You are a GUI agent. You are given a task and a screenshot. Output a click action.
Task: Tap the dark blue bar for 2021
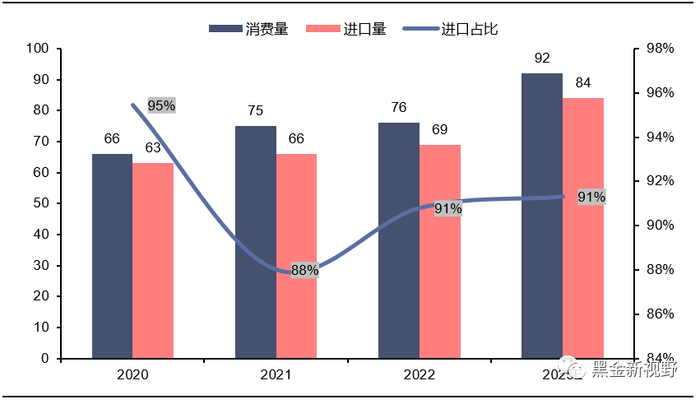coord(255,242)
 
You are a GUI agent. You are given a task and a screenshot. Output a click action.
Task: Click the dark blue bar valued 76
coord(398,240)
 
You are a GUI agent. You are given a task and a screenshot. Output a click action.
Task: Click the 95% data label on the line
coord(161,105)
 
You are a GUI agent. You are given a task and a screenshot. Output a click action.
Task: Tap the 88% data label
coord(304,270)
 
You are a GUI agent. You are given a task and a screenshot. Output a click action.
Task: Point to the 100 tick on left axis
coord(37,48)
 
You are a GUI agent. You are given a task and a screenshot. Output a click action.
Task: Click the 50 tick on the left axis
coord(40,203)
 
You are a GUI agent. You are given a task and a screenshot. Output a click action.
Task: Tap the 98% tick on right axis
coord(661,48)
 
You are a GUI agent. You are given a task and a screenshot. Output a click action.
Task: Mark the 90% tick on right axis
coord(661,225)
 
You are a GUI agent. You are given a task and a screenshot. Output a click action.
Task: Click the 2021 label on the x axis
coord(275,375)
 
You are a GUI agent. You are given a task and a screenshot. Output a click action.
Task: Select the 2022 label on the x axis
coord(418,375)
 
